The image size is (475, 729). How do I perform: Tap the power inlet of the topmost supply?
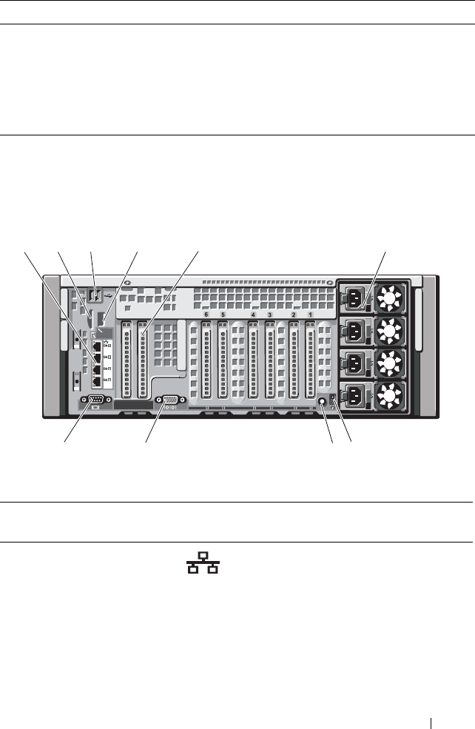(x=354, y=299)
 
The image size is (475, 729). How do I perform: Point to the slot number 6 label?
(x=206, y=315)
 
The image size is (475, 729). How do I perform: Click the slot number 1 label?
(x=310, y=315)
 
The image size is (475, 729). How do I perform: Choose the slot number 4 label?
(x=253, y=315)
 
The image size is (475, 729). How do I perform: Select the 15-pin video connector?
(x=169, y=403)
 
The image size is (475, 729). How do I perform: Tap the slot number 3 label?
(x=269, y=315)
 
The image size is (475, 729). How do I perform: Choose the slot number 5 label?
(x=223, y=315)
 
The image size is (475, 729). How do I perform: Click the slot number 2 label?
(x=294, y=315)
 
